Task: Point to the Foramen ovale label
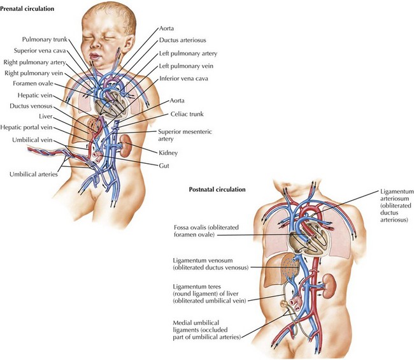[x=27, y=83]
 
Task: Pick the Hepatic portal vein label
[x=31, y=127]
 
